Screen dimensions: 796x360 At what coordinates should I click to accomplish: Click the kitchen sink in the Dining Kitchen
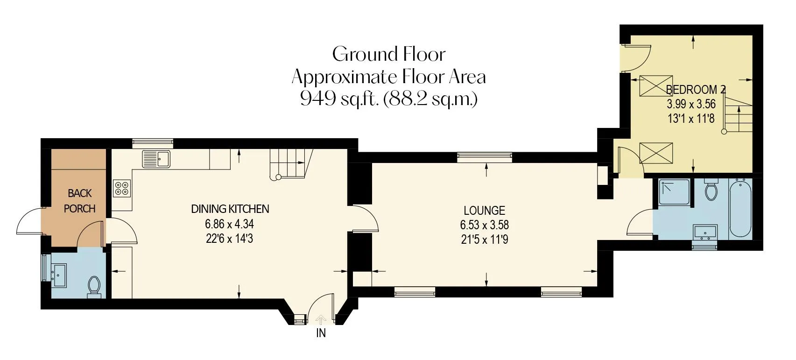[x=156, y=159]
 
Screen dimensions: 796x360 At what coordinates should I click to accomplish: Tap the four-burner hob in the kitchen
[x=122, y=188]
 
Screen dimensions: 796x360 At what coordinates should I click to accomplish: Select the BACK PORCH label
[x=79, y=201]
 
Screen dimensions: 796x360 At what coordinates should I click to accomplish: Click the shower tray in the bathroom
[x=674, y=192]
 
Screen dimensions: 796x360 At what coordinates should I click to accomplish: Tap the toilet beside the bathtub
[x=711, y=190]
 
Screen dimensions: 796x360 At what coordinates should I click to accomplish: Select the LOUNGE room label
[x=484, y=211]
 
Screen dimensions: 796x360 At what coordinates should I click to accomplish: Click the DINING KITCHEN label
[x=230, y=209]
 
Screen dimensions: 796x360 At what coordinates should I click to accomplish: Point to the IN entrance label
[x=321, y=333]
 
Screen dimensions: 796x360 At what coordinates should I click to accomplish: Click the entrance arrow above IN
[x=321, y=319]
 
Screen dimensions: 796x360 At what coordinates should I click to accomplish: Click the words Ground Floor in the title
[x=389, y=54]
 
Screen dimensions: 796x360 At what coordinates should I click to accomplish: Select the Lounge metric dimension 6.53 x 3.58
[x=484, y=225]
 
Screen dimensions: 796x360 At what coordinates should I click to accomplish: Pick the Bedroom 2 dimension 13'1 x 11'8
[x=691, y=118]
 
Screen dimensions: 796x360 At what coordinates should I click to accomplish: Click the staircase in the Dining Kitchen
[x=291, y=164]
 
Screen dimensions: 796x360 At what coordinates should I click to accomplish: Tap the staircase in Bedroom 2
[x=738, y=114]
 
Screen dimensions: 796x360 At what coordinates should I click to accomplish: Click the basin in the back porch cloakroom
[x=59, y=275]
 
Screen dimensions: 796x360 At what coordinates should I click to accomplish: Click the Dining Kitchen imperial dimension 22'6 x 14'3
[x=230, y=239]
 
